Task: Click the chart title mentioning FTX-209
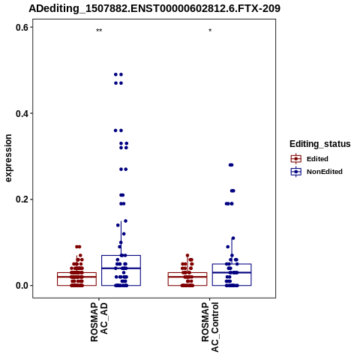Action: point(154,9)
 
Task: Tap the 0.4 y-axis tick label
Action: point(22,113)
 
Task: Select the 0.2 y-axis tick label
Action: point(22,199)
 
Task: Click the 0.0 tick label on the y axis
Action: point(22,286)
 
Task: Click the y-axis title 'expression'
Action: point(8,158)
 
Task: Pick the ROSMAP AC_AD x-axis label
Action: point(99,322)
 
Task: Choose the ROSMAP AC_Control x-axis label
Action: point(210,327)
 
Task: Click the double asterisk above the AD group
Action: point(99,31)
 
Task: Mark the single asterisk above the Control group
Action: point(210,31)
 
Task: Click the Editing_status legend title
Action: point(320,144)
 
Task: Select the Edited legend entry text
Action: point(317,159)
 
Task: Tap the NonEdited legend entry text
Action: point(325,172)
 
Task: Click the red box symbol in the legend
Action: point(296,159)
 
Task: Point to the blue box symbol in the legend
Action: point(296,172)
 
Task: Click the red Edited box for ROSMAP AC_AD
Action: point(76,272)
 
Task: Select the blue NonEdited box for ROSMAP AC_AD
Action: point(121,255)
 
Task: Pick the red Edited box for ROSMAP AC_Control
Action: point(187,272)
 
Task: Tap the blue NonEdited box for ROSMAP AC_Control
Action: point(232,264)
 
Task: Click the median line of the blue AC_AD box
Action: point(121,268)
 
